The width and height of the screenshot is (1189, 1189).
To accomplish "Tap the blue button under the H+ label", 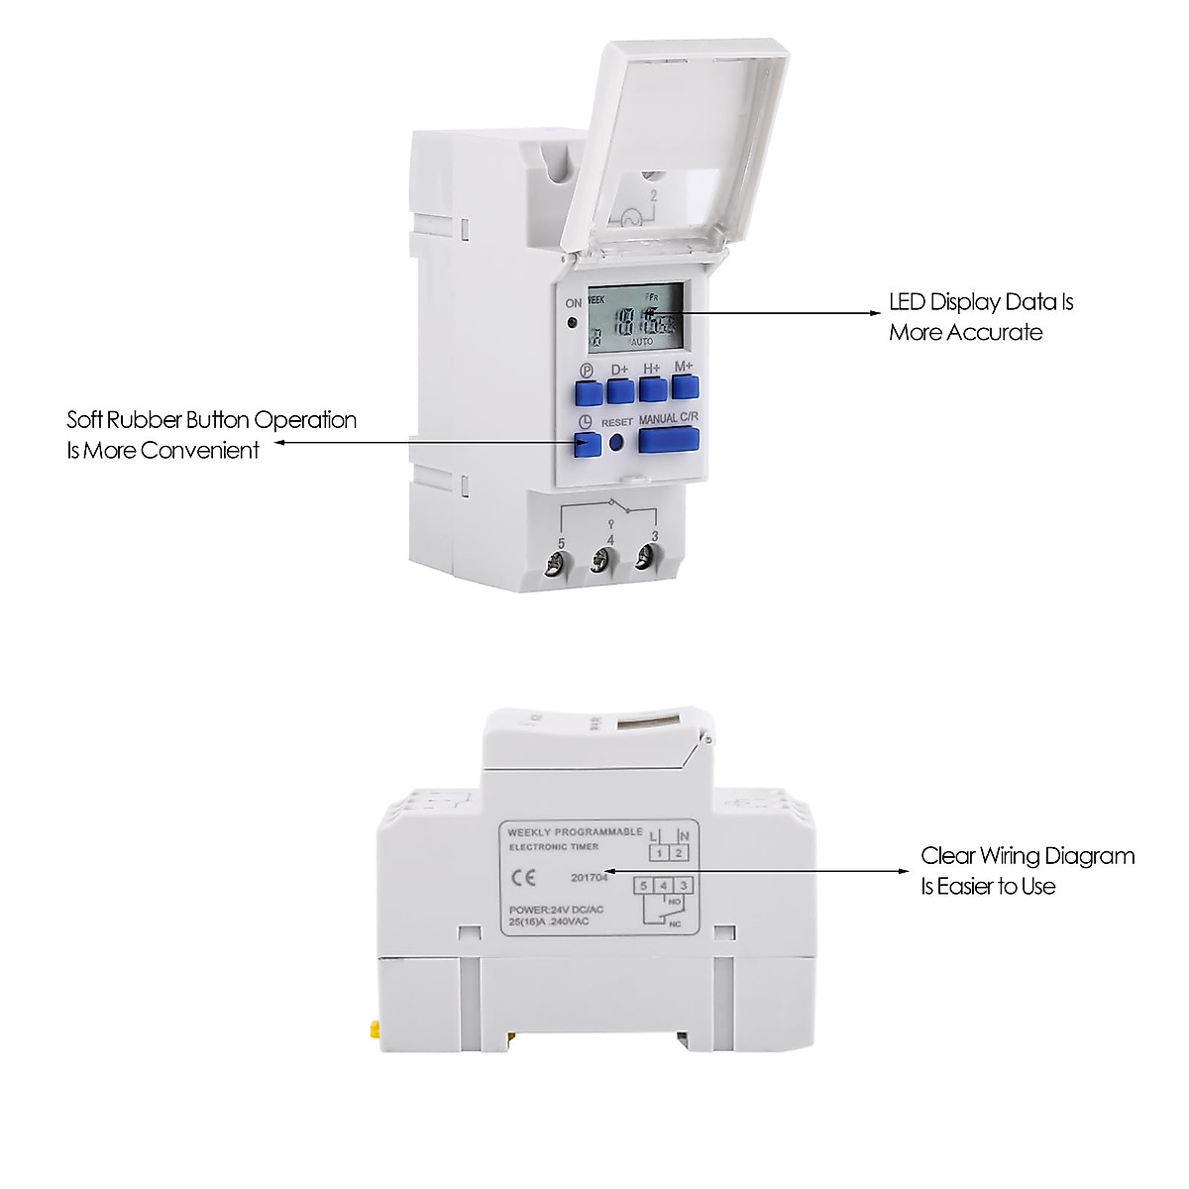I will pyautogui.click(x=652, y=388).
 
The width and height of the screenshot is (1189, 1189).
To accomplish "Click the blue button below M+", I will pyautogui.click(x=685, y=386).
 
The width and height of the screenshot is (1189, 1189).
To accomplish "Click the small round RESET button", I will pyautogui.click(x=618, y=444).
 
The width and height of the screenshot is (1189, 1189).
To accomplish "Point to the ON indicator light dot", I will pyautogui.click(x=573, y=323).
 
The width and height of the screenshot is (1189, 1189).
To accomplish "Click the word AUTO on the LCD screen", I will pyautogui.click(x=641, y=341).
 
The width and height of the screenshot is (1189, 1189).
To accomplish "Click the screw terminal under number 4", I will pyautogui.click(x=600, y=563).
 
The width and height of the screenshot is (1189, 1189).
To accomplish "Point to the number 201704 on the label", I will pyautogui.click(x=589, y=877).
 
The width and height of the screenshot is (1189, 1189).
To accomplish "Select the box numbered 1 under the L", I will pyautogui.click(x=659, y=852).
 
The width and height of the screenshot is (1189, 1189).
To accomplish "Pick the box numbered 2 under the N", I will pyautogui.click(x=679, y=852).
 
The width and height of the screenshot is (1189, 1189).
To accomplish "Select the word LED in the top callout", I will pyautogui.click(x=908, y=302).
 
